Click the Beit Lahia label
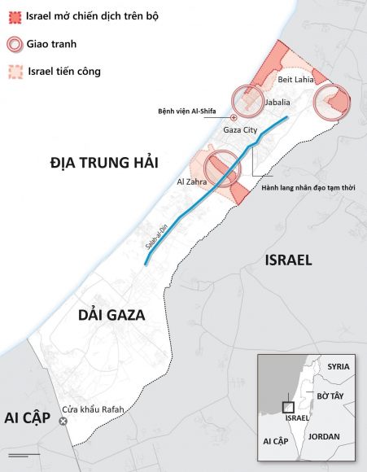pyautogui.click(x=295, y=80)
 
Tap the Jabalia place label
pyautogui.click(x=277, y=103)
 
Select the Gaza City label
pyautogui.click(x=240, y=129)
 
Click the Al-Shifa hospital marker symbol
pyautogui.click(x=234, y=117)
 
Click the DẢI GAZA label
pyautogui.click(x=111, y=316)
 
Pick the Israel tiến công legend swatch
pyautogui.click(x=14, y=72)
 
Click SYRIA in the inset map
pyautogui.click(x=338, y=366)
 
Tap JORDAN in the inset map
pyautogui.click(x=324, y=437)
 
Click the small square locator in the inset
pyautogui.click(x=287, y=407)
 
